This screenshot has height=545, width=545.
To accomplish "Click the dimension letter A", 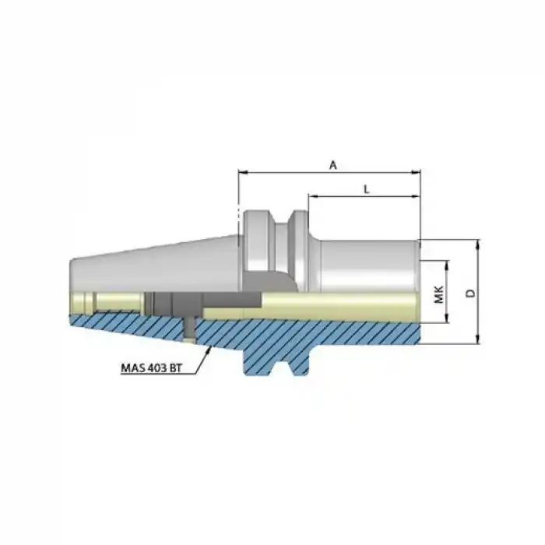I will [x=332, y=164].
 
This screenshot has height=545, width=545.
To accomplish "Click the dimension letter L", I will [x=366, y=188].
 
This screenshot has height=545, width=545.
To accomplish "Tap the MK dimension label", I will [x=438, y=294].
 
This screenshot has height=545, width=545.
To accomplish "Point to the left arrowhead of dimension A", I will [x=241, y=173].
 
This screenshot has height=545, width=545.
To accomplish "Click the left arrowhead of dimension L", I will [x=312, y=196].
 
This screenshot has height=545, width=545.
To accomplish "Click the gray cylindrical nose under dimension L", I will [x=366, y=261].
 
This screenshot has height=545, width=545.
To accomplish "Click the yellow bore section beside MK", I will [x=350, y=305].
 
